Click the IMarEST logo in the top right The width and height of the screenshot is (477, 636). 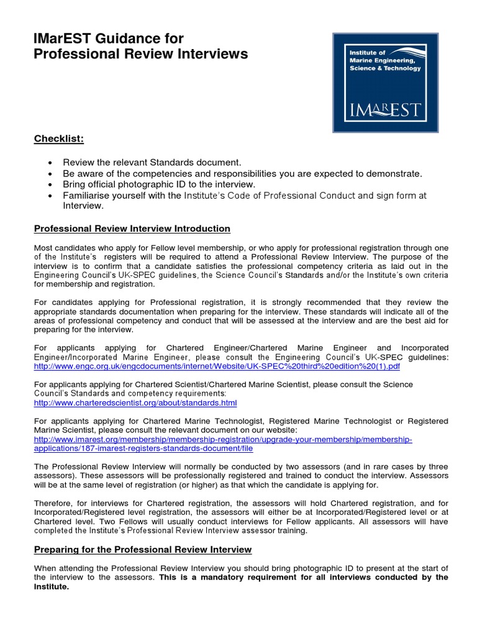(385, 82)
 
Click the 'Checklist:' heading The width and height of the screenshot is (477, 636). (58, 138)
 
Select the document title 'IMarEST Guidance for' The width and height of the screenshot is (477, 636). (108, 39)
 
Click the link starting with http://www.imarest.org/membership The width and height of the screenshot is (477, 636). (222, 439)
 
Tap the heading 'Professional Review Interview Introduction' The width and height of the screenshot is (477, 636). (132, 229)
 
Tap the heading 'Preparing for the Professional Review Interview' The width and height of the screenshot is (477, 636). (143, 550)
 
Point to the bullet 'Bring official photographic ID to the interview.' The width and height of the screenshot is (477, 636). (159, 184)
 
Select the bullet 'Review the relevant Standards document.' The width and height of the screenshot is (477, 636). (152, 162)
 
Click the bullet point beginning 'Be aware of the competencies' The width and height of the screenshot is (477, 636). (242, 173)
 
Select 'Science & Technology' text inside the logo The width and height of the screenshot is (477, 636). (384, 68)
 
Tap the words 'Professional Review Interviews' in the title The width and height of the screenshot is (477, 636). (140, 54)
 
